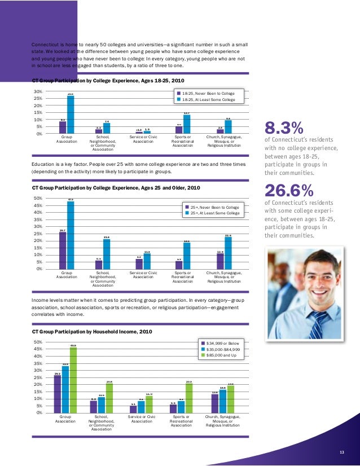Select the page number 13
(x=341, y=452)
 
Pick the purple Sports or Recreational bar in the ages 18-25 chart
(x=179, y=130)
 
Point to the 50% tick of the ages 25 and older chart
(x=38, y=198)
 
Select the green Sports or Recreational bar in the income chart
(x=189, y=398)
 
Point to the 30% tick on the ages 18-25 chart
(x=38, y=91)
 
